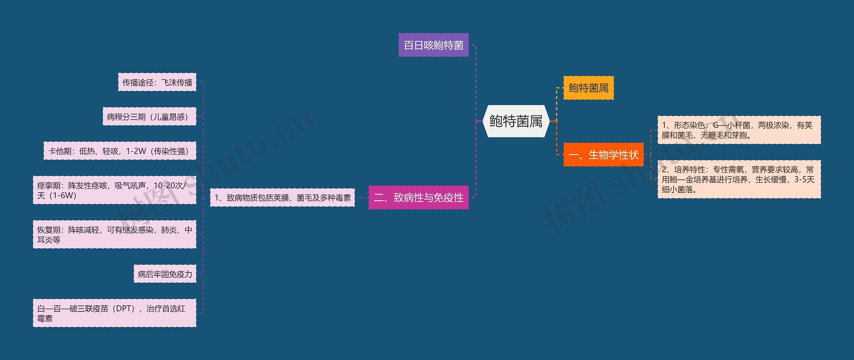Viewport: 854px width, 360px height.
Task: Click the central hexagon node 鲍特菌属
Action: pos(516,121)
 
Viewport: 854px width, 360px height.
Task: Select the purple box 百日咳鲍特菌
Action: pos(433,45)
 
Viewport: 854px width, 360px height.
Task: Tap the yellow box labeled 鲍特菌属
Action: pos(588,88)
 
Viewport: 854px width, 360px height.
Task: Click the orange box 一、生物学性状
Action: pos(603,155)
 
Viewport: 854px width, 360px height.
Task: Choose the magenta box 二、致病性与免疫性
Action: pos(418,198)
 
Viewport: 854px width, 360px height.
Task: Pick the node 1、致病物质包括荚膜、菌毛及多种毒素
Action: pos(282,198)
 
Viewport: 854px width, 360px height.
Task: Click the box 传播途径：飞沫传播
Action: pos(157,82)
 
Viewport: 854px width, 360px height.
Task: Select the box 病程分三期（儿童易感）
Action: pos(149,117)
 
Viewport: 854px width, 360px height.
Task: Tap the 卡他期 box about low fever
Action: pos(120,151)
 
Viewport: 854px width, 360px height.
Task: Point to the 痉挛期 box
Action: pos(114,190)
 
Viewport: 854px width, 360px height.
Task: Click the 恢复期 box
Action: pos(114,235)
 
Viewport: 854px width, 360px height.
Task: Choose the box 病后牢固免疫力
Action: pos(165,274)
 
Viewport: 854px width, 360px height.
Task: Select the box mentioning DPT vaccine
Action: pos(114,313)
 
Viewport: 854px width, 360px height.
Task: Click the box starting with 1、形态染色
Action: pos(739,130)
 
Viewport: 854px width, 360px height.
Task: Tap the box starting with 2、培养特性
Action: pos(739,179)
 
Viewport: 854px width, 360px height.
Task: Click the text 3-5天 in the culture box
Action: pos(804,179)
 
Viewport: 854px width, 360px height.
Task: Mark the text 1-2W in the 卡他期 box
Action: pos(136,151)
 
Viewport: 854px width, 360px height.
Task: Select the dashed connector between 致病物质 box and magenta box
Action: pos(362,198)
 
